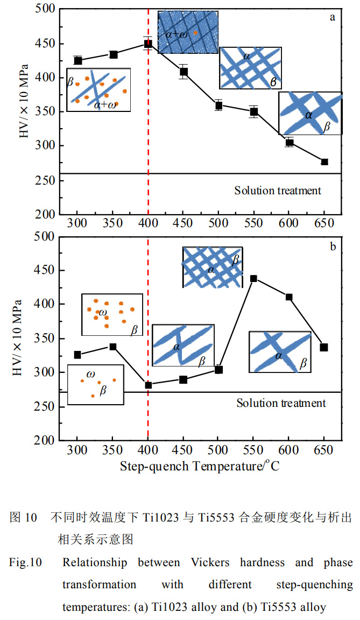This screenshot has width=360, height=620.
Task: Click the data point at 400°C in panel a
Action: pyautogui.click(x=148, y=44)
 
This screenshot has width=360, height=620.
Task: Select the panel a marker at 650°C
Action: pyautogui.click(x=324, y=162)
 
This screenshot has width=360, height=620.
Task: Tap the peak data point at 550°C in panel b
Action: pyautogui.click(x=254, y=278)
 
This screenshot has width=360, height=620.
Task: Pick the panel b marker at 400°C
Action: pyautogui.click(x=149, y=385)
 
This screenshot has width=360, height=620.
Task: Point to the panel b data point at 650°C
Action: pyautogui.click(x=324, y=347)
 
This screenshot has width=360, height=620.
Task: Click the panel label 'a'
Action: pyautogui.click(x=333, y=17)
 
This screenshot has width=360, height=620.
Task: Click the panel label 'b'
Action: pyautogui.click(x=333, y=247)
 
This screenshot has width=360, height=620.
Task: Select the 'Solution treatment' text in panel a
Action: pyautogui.click(x=278, y=190)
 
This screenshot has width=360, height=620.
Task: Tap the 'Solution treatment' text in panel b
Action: pyautogui.click(x=281, y=403)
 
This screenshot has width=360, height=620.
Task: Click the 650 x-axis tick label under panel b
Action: pyautogui.click(x=324, y=450)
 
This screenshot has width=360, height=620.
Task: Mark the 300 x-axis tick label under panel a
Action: pyautogui.click(x=77, y=223)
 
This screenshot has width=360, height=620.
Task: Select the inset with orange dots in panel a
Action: pyautogui.click(x=98, y=89)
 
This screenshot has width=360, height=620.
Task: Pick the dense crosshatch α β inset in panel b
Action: pyautogui.click(x=213, y=267)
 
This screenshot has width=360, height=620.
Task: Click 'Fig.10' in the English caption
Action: pyautogui.click(x=25, y=563)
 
